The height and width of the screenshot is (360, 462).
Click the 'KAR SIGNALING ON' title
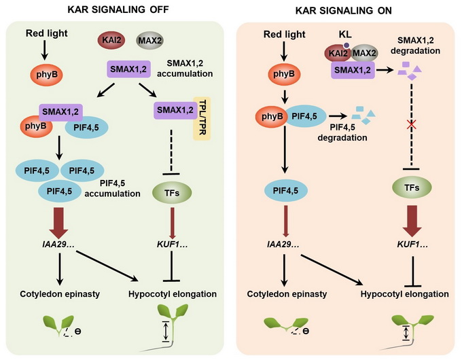point(346,9)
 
